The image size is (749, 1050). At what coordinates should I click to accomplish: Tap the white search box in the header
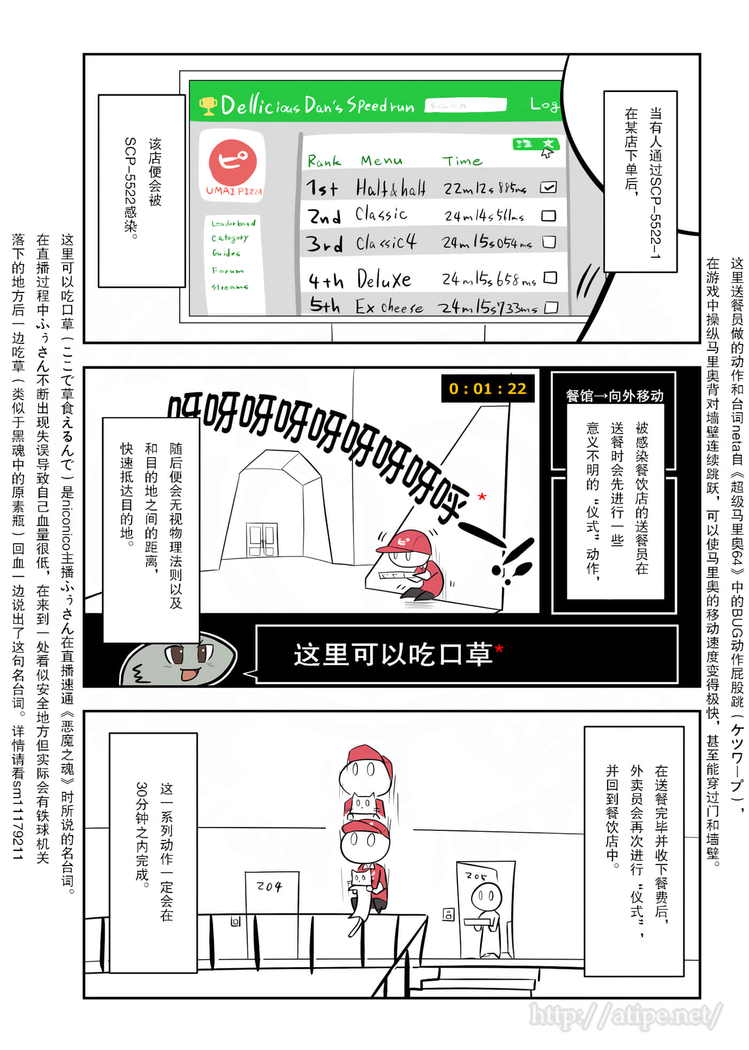click(465, 105)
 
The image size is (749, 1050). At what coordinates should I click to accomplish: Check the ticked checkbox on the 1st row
click(548, 187)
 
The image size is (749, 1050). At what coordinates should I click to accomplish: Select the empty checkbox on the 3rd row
click(549, 242)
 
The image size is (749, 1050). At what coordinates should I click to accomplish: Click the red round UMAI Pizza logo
click(233, 161)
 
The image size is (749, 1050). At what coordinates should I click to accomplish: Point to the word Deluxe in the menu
click(384, 280)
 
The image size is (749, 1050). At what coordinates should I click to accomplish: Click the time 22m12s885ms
click(485, 188)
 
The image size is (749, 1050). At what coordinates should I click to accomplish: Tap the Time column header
click(462, 160)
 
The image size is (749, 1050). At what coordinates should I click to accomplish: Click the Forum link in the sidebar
click(227, 271)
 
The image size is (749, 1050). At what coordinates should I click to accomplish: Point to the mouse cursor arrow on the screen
click(546, 153)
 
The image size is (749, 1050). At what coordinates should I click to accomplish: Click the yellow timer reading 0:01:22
click(487, 389)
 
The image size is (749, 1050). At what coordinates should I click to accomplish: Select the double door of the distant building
click(262, 540)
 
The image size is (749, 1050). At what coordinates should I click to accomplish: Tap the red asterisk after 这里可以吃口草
click(499, 649)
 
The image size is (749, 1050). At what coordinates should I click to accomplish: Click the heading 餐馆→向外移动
click(614, 396)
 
